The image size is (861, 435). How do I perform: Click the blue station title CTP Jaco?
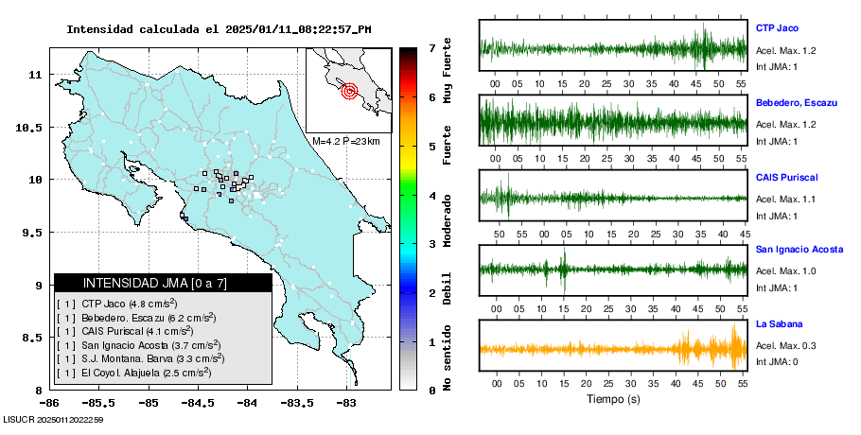777,28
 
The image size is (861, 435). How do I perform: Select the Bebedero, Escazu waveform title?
797,102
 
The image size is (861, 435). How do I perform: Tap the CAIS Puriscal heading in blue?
787,177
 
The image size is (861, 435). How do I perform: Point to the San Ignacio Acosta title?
799,249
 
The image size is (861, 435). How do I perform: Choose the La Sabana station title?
780,323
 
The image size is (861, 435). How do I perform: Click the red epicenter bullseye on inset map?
349,91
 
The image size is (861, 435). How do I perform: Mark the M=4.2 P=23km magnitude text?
346,141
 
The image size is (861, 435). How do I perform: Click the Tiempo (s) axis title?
613,399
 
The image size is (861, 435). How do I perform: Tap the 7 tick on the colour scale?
432,48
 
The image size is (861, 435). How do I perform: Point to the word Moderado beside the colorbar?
447,220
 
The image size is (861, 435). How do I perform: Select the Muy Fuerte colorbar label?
447,70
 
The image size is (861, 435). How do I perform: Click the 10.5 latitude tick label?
28,128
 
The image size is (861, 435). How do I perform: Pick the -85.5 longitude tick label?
99,403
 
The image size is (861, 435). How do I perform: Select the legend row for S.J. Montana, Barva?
141,358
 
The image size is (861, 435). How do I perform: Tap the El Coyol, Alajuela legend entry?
134,373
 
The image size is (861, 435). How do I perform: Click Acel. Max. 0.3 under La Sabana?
785,345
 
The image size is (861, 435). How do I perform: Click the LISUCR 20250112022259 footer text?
53,420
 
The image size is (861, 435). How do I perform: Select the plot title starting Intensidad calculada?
219,29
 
